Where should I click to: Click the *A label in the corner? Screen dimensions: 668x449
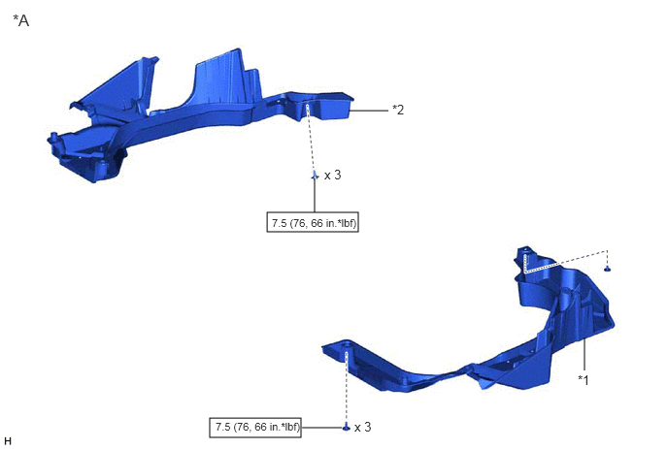tap(21, 20)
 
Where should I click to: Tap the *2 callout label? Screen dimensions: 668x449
tap(398, 110)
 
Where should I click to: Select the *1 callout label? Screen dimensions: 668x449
tap(584, 379)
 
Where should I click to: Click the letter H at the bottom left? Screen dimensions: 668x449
tap(8, 441)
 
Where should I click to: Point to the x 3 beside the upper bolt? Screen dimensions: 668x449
tap(333, 175)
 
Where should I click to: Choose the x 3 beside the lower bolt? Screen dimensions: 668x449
tap(362, 427)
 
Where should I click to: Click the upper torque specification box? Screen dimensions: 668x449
tap(313, 222)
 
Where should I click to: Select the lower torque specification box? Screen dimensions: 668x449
tap(255, 428)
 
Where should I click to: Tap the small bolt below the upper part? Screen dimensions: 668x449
tap(315, 176)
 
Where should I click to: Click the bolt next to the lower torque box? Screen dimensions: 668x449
tap(347, 427)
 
